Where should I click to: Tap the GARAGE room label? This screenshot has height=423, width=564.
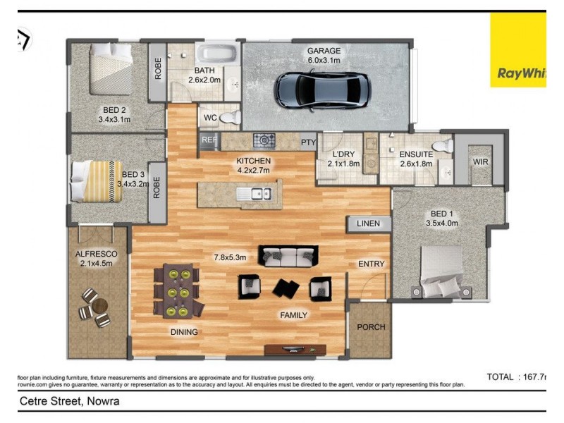point(324,51)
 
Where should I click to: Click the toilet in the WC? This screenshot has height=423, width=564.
point(229,117)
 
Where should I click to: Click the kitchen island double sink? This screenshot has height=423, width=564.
point(252,194)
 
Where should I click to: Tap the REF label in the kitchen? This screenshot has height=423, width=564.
point(209,140)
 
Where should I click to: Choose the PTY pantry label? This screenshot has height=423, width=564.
point(307,142)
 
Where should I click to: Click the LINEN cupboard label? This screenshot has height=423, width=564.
point(368,224)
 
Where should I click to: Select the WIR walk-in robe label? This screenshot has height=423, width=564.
point(480,162)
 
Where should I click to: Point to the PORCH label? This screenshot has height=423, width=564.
point(370,327)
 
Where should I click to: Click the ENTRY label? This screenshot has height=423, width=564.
point(371,264)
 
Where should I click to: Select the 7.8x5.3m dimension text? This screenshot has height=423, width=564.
point(230,257)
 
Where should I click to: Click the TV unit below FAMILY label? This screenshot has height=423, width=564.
point(295,349)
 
